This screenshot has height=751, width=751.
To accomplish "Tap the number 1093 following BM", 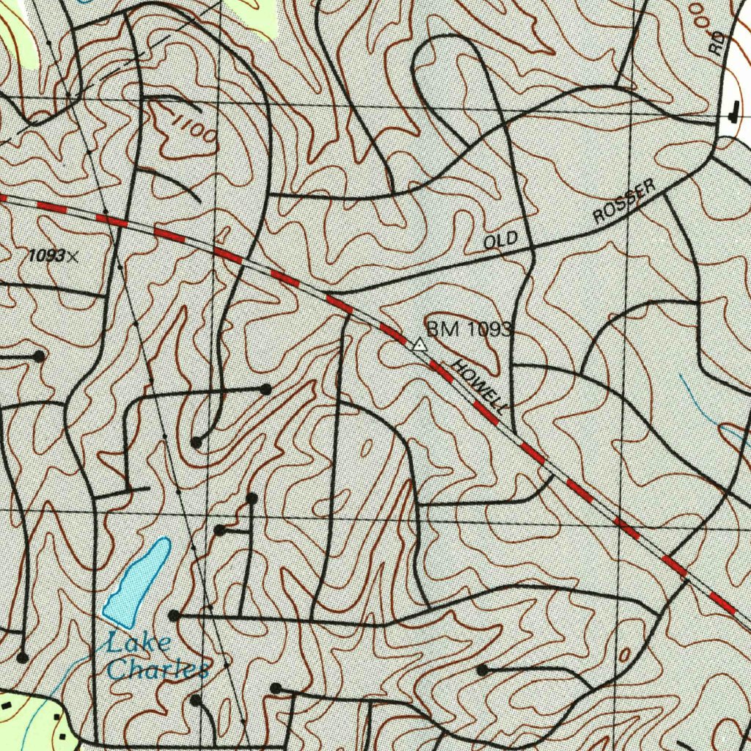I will pyautogui.click(x=488, y=330).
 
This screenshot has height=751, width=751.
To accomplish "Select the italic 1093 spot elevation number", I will pyautogui.click(x=46, y=256).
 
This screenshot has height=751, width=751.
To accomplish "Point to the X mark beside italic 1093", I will pyautogui.click(x=72, y=256).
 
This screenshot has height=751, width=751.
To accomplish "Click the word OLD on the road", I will pyautogui.click(x=501, y=241).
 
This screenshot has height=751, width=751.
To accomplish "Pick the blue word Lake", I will pyautogui.click(x=139, y=645).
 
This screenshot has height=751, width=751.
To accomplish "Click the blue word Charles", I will pyautogui.click(x=157, y=669).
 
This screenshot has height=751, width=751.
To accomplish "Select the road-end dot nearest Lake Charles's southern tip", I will pyautogui.click(x=174, y=615).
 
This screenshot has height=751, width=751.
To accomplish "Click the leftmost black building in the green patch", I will pyautogui.click(x=7, y=705).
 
